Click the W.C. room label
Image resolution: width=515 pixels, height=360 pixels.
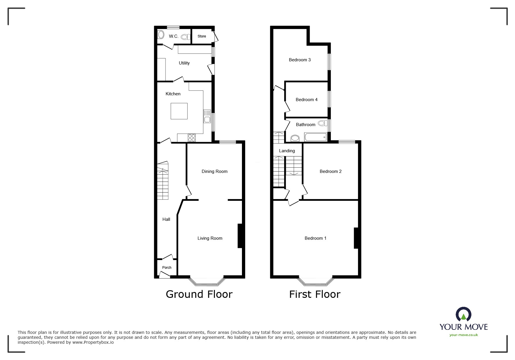pyautogui.click(x=174, y=36)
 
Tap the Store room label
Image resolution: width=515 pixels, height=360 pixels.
pyautogui.click(x=202, y=36)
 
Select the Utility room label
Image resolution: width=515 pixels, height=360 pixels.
pyautogui.click(x=184, y=63)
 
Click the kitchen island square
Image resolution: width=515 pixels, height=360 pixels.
pyautogui.click(x=179, y=111)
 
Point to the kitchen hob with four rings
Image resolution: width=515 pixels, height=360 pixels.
pyautogui.click(x=192, y=138)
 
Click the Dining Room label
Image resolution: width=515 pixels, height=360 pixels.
pyautogui.click(x=215, y=171)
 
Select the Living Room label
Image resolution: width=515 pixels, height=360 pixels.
pyautogui.click(x=210, y=238)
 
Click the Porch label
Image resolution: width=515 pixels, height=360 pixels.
pyautogui.click(x=167, y=268)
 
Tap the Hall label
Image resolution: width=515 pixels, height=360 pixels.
pyautogui.click(x=166, y=219)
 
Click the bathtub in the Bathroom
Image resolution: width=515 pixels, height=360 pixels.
pyautogui.click(x=316, y=137)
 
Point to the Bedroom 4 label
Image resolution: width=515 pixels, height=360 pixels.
pyautogui.click(x=306, y=100)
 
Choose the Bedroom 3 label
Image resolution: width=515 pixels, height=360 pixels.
pyautogui.click(x=300, y=60)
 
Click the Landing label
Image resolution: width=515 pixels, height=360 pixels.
pyautogui.click(x=287, y=151)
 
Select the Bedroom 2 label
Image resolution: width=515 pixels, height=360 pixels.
pyautogui.click(x=330, y=171)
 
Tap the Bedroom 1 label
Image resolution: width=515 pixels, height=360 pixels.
pyautogui.click(x=315, y=238)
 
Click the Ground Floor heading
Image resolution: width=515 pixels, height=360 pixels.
pyautogui.click(x=199, y=294)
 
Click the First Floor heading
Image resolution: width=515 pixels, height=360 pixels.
pyautogui.click(x=315, y=294)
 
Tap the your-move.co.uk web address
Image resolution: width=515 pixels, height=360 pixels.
pyautogui.click(x=464, y=335)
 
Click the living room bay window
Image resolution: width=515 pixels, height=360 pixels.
pyautogui.click(x=207, y=281)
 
